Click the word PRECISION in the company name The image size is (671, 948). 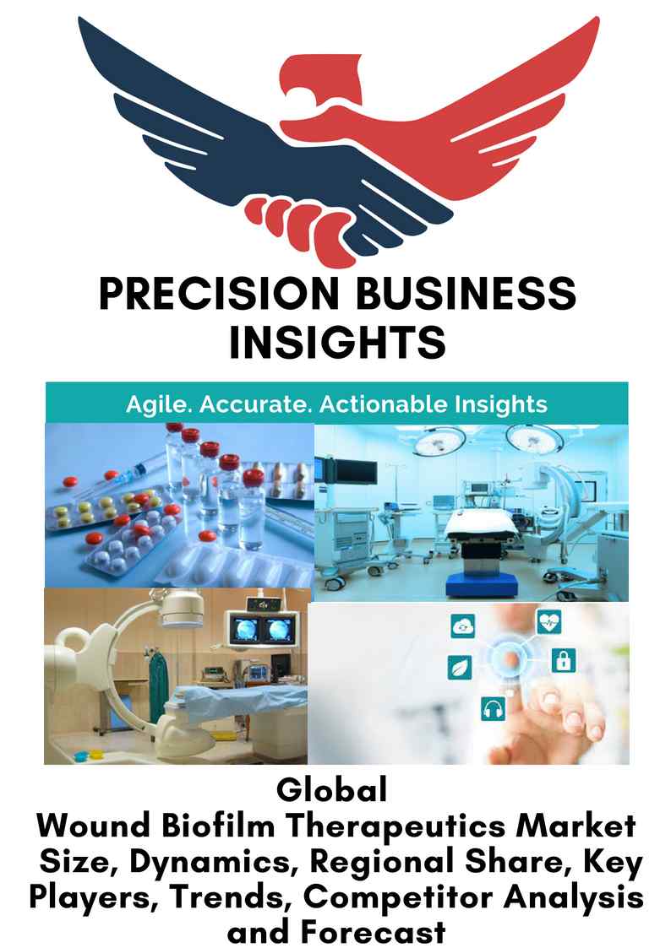(219, 294)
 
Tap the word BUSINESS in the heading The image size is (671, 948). (466, 294)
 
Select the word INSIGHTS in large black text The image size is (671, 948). (338, 342)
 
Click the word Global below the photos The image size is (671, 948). (331, 790)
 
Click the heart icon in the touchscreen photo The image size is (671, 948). (548, 621)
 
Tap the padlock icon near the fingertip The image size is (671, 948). (564, 660)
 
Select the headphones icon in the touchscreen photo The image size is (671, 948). (494, 708)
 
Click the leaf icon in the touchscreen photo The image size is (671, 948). (460, 668)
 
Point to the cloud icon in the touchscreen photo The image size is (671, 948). (463, 626)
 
